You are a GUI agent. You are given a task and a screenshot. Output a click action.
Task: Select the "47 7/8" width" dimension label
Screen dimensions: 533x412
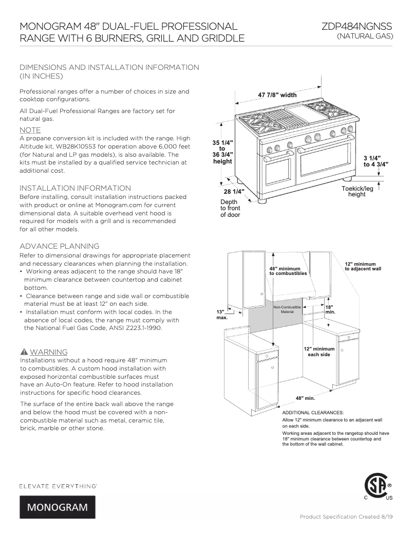pyautogui.click(x=277, y=95)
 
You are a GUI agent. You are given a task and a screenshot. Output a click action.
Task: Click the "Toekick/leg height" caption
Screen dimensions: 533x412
pyautogui.click(x=357, y=192)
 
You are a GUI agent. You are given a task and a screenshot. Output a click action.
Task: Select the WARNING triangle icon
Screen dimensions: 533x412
pyautogui.click(x=24, y=352)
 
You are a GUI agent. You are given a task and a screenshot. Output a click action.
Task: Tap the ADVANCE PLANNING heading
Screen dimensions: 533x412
pyautogui.click(x=59, y=246)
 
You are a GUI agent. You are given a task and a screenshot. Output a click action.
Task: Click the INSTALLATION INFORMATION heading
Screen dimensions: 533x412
pyautogui.click(x=75, y=188)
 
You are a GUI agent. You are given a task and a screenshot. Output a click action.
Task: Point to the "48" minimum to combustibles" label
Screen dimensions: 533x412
pyautogui.click(x=288, y=271)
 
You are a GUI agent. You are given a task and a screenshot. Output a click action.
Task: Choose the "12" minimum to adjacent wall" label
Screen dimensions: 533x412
pyautogui.click(x=363, y=266)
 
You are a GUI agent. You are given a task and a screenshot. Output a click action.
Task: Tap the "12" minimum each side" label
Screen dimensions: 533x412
pyautogui.click(x=319, y=352)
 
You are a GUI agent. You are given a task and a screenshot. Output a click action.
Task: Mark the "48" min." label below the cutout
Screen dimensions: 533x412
pyautogui.click(x=305, y=398)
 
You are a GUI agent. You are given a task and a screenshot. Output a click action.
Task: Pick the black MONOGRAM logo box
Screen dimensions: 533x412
pyautogui.click(x=58, y=507)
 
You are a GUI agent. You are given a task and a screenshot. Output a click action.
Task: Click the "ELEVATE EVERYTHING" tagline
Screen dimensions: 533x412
pyautogui.click(x=58, y=485)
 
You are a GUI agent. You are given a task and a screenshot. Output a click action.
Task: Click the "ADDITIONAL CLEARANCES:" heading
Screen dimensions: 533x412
pyautogui.click(x=313, y=412)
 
